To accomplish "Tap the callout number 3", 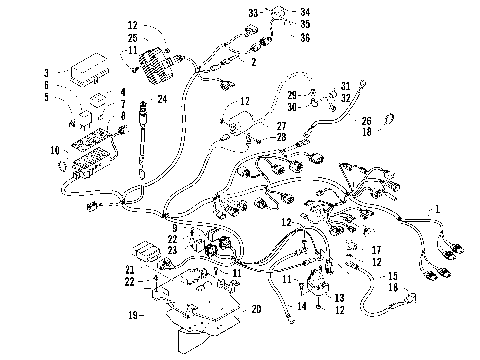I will pos(46,73).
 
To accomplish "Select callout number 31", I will pos(345,86).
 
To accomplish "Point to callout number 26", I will pos(365,119).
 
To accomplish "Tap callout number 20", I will pos(256,310).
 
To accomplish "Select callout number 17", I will pos(376,250).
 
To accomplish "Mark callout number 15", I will pos(392,275).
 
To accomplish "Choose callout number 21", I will pos(130,270).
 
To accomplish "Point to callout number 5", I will pos(46,97).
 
